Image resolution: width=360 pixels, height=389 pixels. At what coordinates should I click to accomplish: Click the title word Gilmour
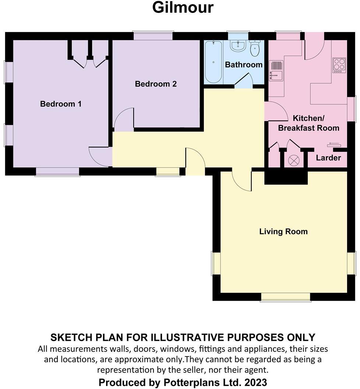coord(183,8)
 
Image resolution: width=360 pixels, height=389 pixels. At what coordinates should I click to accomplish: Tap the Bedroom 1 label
coord(61,104)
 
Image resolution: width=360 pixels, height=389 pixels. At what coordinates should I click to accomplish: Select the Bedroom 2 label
coord(156,84)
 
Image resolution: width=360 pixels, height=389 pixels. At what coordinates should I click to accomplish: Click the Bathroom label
coord(244,65)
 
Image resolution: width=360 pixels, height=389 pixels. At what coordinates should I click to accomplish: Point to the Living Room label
coord(283,232)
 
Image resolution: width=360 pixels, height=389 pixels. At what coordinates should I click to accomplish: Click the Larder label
coord(328,158)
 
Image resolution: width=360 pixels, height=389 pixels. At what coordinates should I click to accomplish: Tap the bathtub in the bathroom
coord(213,62)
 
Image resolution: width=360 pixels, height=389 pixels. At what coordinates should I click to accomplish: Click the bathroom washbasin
coord(238,46)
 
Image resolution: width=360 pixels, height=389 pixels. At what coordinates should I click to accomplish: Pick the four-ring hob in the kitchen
coord(339,65)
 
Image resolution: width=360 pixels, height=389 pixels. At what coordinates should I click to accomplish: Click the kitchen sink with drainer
coord(276,71)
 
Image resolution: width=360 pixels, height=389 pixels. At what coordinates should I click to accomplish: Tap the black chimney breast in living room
coord(286,177)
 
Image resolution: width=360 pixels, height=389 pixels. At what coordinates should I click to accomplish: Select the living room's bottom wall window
coord(285,297)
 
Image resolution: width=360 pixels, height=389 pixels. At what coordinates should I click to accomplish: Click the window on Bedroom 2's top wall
coord(153,36)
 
